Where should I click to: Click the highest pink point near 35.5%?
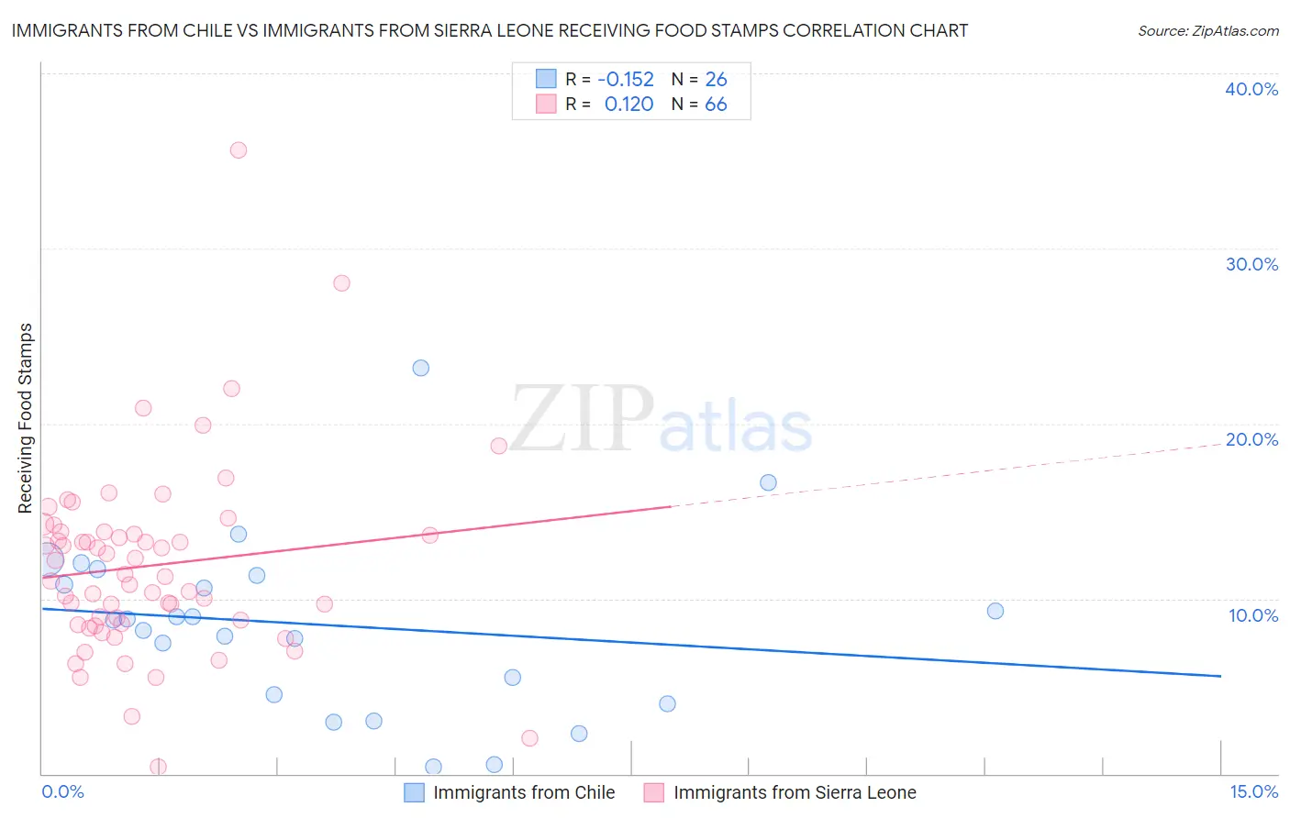tap(239, 150)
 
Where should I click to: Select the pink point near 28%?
tap(341, 283)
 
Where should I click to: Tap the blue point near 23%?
tap(421, 369)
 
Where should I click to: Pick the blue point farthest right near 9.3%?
tap(995, 612)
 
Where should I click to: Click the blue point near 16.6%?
tap(769, 483)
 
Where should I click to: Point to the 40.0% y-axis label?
tap(1251, 89)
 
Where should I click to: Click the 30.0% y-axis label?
tap(1251, 264)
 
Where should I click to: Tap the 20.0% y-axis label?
tap(1251, 439)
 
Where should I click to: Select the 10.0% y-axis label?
tap(1253, 615)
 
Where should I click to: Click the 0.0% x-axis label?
tap(62, 792)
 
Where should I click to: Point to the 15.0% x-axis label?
tap(1253, 792)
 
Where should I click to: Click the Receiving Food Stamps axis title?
tap(26, 418)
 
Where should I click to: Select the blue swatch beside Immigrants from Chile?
tap(415, 793)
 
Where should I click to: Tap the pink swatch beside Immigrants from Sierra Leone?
tap(654, 793)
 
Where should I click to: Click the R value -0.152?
tap(626, 80)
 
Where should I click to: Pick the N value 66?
tap(716, 105)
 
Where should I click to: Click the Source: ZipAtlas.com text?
tap(1207, 31)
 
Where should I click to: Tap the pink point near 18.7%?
tap(499, 447)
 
